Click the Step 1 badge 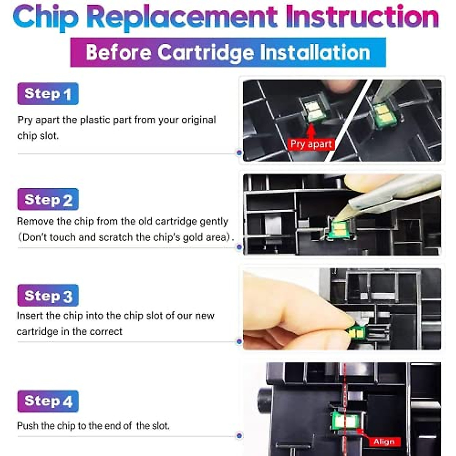48,94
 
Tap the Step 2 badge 48,199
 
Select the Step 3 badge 48,295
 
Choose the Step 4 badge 48,401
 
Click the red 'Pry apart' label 311,144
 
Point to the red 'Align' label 384,442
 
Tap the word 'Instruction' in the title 363,16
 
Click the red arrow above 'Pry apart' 311,131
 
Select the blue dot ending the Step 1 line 239,153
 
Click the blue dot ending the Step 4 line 239,435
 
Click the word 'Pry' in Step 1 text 25,120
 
